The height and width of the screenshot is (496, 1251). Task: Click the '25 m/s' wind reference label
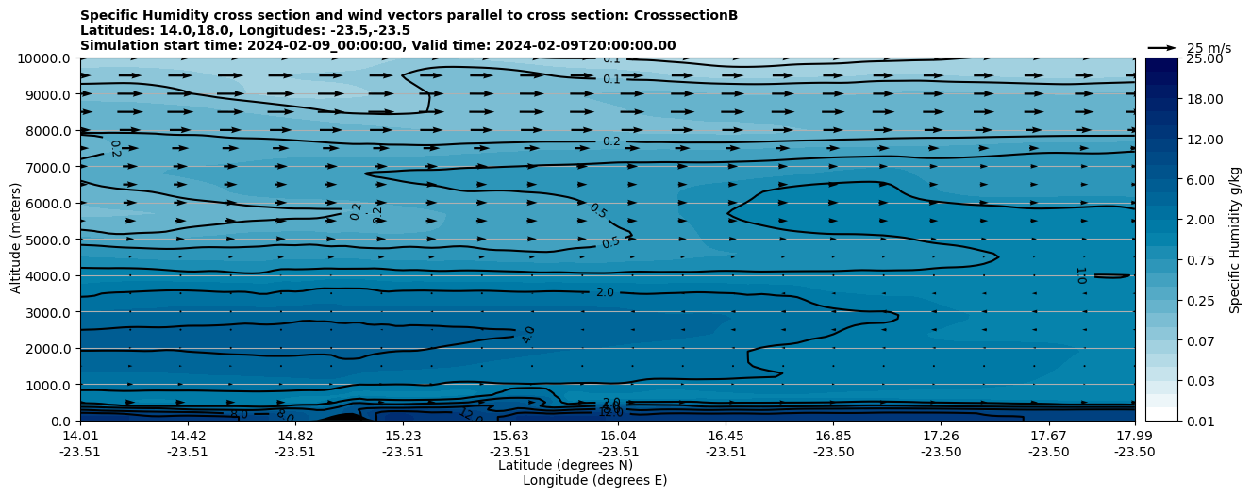[1209, 48]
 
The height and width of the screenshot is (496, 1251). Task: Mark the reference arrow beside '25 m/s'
[1162, 47]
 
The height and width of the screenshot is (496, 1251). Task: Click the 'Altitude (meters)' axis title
[17, 240]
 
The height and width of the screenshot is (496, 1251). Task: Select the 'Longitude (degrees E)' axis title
[594, 480]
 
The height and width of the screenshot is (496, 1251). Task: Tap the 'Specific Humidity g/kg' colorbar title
[1235, 240]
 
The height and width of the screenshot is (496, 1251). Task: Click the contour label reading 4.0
[528, 335]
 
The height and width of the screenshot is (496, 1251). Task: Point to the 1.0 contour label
[1080, 275]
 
